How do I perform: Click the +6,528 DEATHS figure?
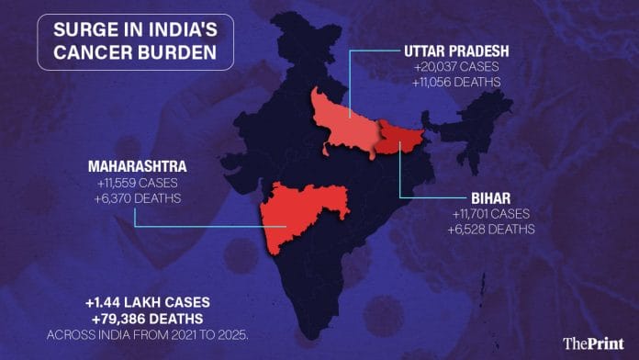coord(491,230)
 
